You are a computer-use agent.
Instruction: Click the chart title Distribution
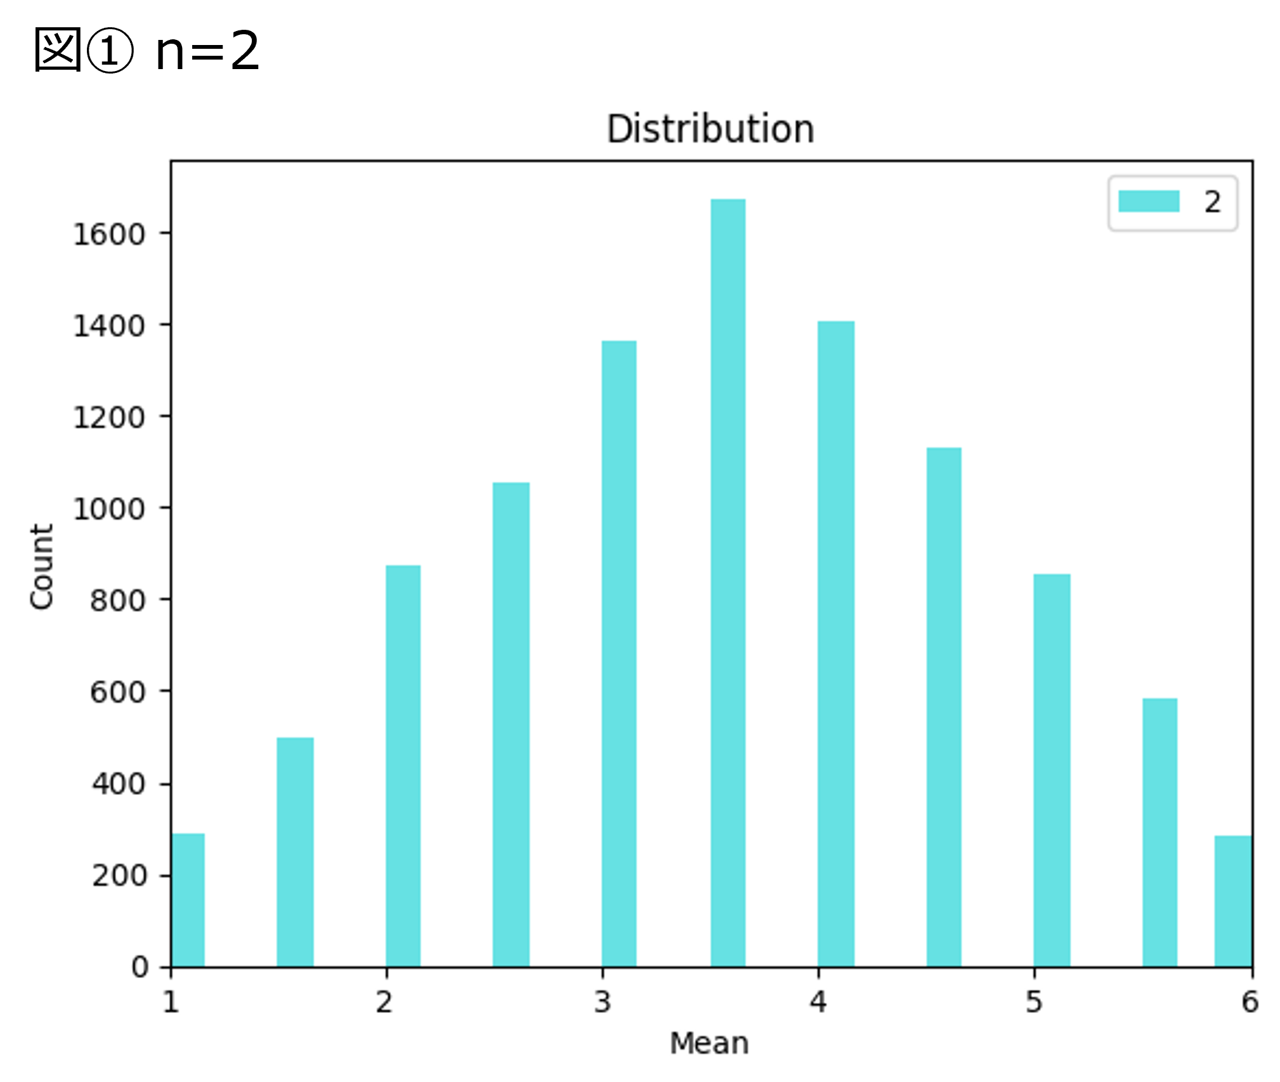[710, 129]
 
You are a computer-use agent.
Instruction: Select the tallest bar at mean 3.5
[728, 583]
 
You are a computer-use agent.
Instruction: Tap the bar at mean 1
[188, 900]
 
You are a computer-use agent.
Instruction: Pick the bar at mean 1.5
[295, 852]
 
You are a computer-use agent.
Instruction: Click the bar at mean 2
[403, 766]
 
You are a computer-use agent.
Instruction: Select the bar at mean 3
[619, 654]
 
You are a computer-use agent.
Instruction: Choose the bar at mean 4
[835, 644]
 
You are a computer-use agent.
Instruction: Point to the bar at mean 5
[1052, 770]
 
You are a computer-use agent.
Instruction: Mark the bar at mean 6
[1233, 901]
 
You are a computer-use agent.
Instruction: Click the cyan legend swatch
[1149, 202]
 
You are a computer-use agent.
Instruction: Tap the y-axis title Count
[42, 567]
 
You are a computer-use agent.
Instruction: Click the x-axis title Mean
[709, 1043]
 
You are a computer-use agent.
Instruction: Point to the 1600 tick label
[109, 235]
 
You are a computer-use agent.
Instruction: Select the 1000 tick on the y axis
[109, 509]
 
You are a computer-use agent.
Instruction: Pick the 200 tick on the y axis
[119, 876]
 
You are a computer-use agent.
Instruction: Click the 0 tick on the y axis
[140, 967]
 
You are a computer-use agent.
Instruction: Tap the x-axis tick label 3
[603, 1002]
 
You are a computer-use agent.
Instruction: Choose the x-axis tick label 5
[1035, 1002]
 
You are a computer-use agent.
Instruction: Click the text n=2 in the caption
[207, 51]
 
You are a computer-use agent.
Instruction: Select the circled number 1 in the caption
[110, 51]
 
